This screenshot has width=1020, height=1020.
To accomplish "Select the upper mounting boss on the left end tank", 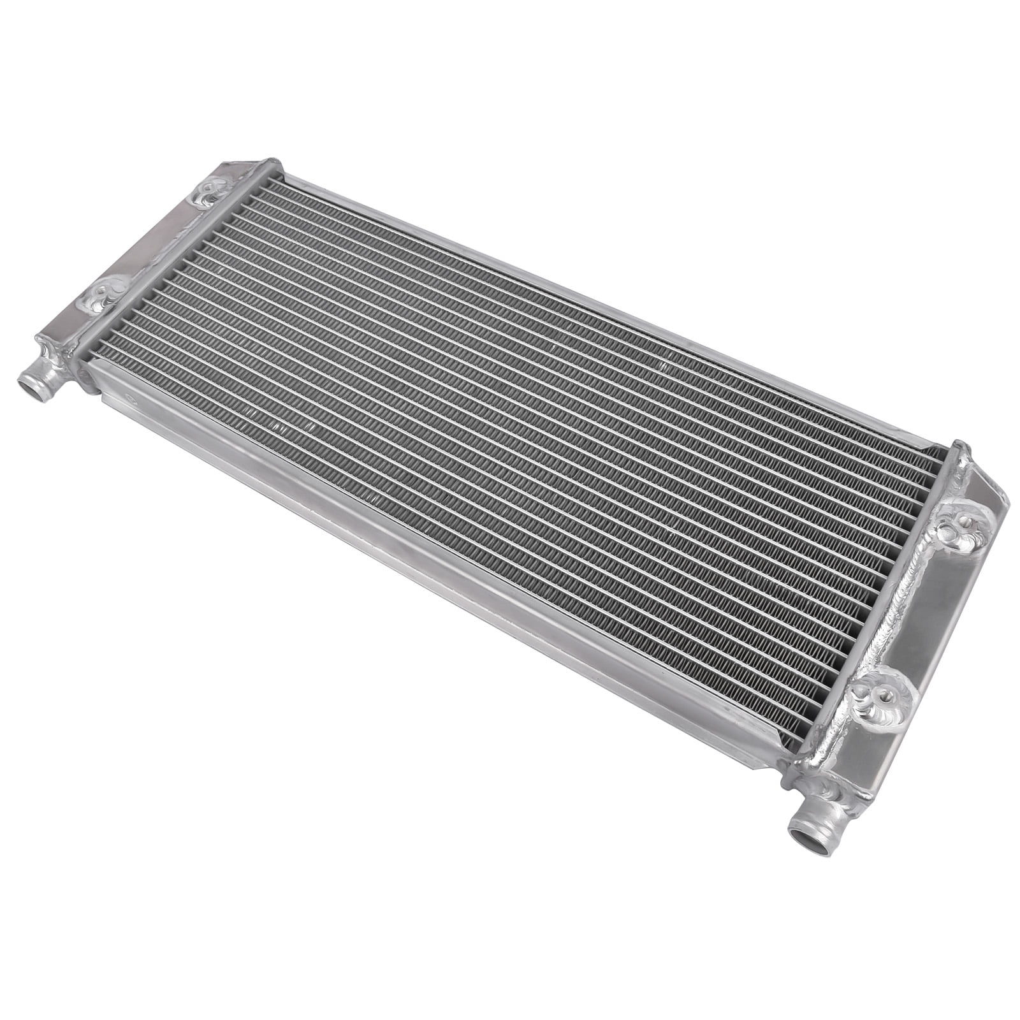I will coord(208,188).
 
